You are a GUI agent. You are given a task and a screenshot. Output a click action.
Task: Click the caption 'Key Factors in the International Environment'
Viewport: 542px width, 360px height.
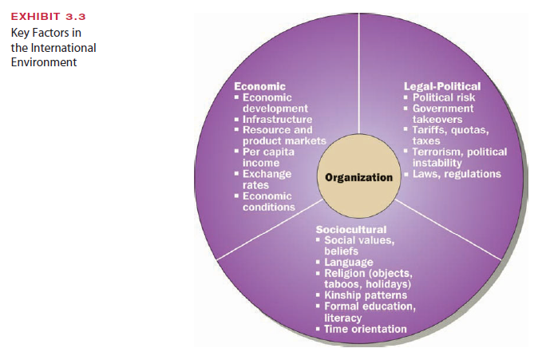(53, 47)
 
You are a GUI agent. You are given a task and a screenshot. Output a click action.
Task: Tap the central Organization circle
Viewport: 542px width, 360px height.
(358, 176)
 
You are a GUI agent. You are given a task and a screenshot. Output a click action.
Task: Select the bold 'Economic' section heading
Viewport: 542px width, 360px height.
(259, 86)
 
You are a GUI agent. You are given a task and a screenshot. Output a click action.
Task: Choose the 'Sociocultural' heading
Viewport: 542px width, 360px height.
(350, 230)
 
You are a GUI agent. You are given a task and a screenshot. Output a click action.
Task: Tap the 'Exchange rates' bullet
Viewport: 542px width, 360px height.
(267, 179)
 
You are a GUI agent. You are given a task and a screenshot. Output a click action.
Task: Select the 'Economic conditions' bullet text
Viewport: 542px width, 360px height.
(268, 201)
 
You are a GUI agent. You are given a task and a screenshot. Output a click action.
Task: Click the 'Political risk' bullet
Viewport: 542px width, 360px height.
(445, 97)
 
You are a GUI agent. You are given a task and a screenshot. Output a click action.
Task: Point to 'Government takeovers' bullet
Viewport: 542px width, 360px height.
(442, 113)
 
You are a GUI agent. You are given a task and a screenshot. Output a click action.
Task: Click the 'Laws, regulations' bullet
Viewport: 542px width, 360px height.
(457, 174)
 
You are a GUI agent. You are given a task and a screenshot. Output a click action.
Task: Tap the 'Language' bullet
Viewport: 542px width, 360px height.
(348, 263)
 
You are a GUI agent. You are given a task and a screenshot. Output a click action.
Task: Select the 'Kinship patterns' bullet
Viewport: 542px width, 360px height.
(366, 295)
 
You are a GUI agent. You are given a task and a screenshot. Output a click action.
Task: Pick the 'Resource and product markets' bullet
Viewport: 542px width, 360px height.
(279, 136)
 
